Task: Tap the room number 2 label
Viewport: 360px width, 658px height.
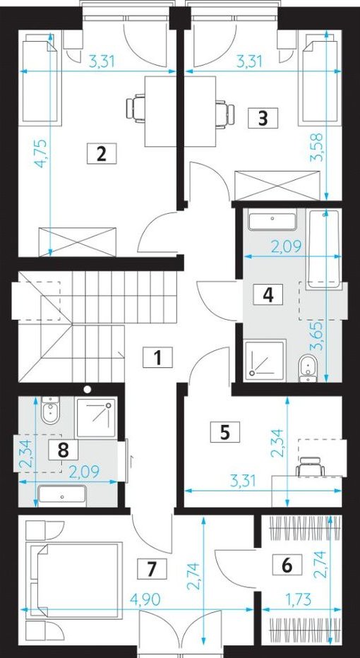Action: (x=101, y=154)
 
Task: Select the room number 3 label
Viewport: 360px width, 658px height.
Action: (x=263, y=118)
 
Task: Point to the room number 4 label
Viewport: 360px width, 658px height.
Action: (x=268, y=294)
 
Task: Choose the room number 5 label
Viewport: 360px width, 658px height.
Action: (x=225, y=432)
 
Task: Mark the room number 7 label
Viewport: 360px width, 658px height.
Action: (x=152, y=568)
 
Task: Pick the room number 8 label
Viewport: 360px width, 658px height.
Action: (x=64, y=450)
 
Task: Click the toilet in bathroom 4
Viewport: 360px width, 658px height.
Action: (x=308, y=369)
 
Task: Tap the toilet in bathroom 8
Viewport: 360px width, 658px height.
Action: (x=52, y=409)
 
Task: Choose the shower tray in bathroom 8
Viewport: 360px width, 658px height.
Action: (x=95, y=418)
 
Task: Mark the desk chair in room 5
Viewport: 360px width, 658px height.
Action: (x=311, y=466)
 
